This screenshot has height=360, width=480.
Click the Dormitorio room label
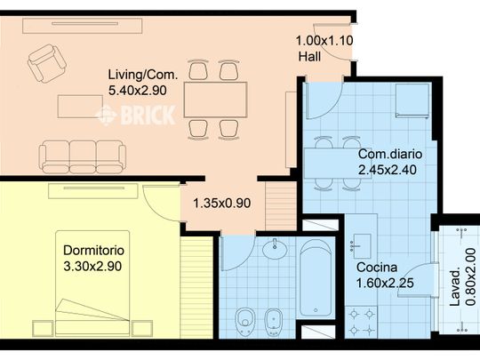[93, 251]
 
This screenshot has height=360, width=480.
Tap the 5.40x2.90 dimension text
[138, 91]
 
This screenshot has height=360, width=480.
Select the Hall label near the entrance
[310, 57]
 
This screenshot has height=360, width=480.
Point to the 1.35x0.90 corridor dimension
[222, 203]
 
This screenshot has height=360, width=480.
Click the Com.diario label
[390, 154]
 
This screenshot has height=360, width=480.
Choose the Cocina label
[377, 268]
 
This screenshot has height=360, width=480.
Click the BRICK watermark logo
[136, 115]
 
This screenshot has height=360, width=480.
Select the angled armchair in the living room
[47, 63]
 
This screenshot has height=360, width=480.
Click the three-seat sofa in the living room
[83, 157]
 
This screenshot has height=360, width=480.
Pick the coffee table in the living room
[80, 107]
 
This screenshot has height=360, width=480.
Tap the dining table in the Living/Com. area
[215, 100]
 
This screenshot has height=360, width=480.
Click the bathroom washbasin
[275, 248]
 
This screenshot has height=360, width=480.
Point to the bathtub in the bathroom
[316, 278]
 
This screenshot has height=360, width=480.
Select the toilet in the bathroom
[245, 322]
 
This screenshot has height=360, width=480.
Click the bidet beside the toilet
[273, 322]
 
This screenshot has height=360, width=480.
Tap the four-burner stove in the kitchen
[361, 322]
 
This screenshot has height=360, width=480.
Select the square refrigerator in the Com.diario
[412, 100]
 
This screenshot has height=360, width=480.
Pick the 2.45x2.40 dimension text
[388, 169]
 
